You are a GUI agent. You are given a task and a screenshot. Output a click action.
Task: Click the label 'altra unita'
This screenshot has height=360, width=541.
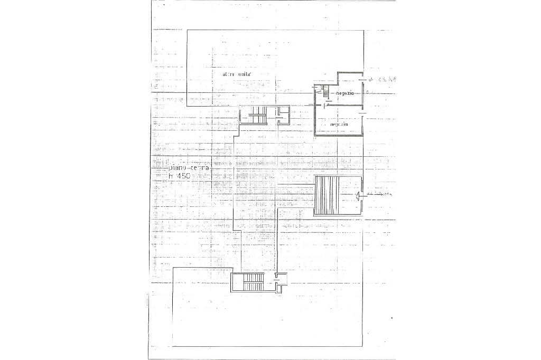click(x=236, y=74)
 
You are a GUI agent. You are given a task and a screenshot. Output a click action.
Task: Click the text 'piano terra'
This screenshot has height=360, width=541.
click(x=189, y=168)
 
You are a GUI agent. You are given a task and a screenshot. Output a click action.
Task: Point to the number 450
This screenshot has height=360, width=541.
click(x=201, y=176)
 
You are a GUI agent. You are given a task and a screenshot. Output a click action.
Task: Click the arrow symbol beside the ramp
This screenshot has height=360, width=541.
click(x=359, y=196)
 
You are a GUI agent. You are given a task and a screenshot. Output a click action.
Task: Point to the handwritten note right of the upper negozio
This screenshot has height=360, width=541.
click(x=381, y=80)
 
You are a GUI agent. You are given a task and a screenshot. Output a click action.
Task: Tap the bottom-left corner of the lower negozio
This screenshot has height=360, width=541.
click(x=315, y=136)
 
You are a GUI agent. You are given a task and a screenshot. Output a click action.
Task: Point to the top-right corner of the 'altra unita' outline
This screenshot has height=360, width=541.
click(x=363, y=30)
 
